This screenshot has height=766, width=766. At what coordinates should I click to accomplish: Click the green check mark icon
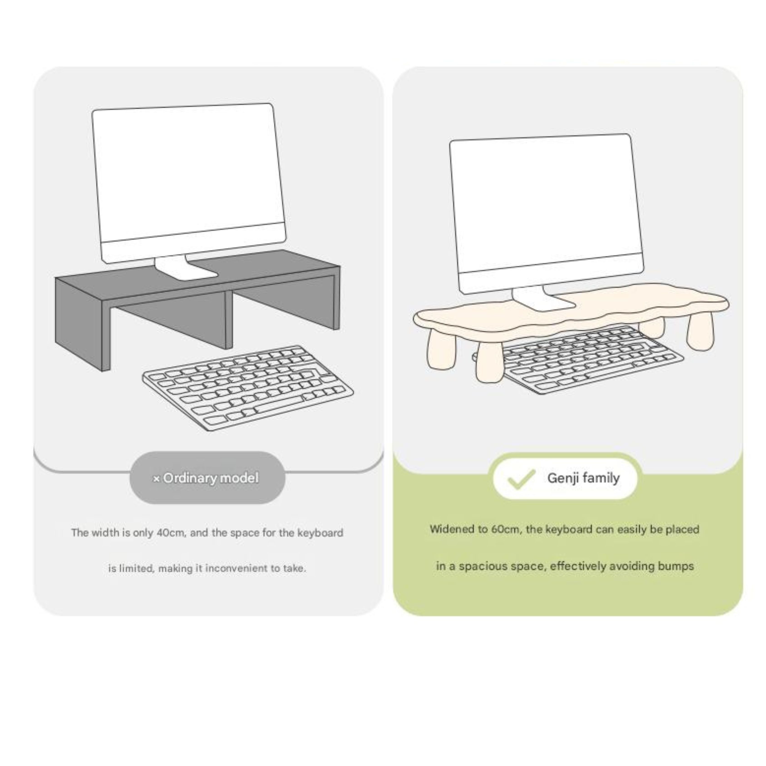point(521,479)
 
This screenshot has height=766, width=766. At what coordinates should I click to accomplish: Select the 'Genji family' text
point(583,478)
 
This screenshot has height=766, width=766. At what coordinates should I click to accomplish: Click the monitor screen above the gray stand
point(189,175)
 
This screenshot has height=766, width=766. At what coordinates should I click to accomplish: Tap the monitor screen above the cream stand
point(546,210)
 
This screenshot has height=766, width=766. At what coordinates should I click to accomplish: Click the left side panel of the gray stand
point(79,323)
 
